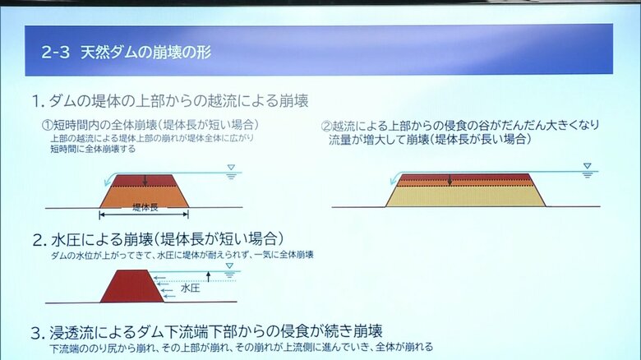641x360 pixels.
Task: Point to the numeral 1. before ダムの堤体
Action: [x=38, y=102]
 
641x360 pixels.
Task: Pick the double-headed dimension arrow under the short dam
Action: [x=144, y=215]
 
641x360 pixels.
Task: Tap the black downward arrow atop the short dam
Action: [x=145, y=180]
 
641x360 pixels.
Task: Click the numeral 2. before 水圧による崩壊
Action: [x=39, y=241]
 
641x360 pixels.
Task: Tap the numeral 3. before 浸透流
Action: [x=38, y=333]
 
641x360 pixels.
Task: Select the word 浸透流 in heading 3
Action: [x=74, y=333]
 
